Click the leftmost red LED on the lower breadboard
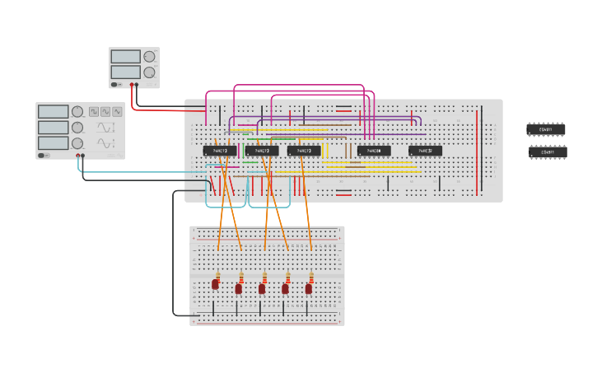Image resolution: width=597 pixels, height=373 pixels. pyautogui.click(x=216, y=284)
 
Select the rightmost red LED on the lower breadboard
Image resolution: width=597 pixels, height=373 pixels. pyautogui.click(x=310, y=288)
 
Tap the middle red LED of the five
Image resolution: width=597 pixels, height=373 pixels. pyautogui.click(x=262, y=288)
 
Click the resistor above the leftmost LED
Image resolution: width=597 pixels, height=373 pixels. pyautogui.click(x=217, y=275)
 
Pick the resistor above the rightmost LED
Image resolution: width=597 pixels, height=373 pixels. pyautogui.click(x=311, y=275)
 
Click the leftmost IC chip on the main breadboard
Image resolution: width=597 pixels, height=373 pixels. pyautogui.click(x=220, y=151)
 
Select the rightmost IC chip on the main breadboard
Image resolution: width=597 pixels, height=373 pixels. pyautogui.click(x=425, y=151)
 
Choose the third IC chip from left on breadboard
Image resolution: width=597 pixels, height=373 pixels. pyautogui.click(x=304, y=151)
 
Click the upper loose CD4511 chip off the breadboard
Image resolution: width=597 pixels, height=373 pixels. pyautogui.click(x=546, y=129)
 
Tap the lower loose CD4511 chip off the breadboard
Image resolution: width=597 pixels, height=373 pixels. pyautogui.click(x=547, y=152)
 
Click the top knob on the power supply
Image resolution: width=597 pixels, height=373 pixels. pyautogui.click(x=149, y=57)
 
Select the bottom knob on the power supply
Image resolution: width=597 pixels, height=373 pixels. pyautogui.click(x=149, y=72)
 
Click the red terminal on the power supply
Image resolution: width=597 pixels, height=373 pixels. pyautogui.click(x=131, y=84)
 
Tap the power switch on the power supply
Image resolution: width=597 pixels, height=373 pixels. pyautogui.click(x=117, y=84)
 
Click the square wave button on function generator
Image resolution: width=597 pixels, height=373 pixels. pyautogui.click(x=94, y=110)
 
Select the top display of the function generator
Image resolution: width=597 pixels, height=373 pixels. pyautogui.click(x=53, y=111)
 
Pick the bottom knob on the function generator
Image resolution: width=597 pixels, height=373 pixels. pyautogui.click(x=77, y=143)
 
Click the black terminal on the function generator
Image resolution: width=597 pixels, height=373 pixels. pyautogui.click(x=83, y=156)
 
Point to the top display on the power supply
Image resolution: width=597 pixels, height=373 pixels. pyautogui.click(x=125, y=57)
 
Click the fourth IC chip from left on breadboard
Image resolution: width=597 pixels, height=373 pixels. pyautogui.click(x=374, y=151)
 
